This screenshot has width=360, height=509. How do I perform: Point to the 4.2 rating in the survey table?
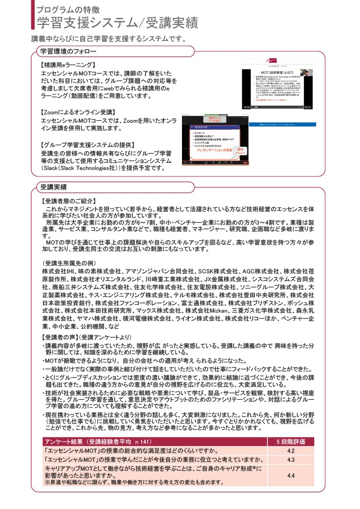click(291, 450)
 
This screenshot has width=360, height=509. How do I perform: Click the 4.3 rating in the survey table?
click(291, 460)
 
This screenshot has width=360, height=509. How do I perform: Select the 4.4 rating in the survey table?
click(291, 475)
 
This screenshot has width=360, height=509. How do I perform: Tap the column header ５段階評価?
click(291, 441)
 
